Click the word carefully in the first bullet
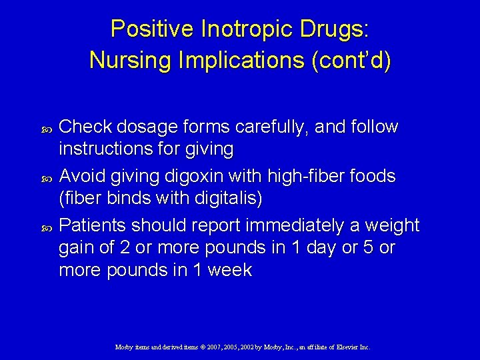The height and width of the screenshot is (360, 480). pyautogui.click(x=278, y=127)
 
